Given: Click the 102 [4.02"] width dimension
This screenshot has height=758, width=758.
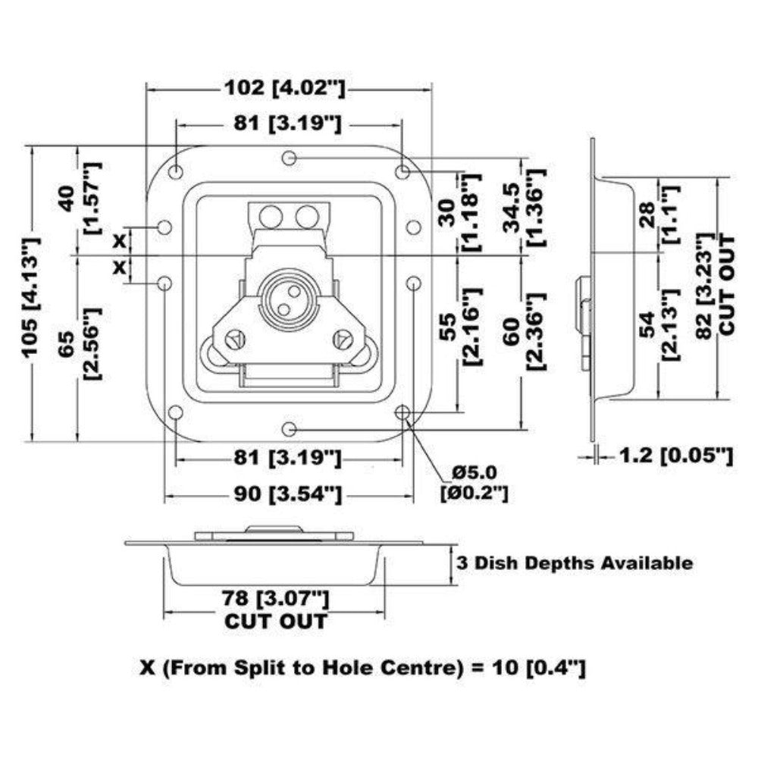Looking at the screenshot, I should pos(284,88).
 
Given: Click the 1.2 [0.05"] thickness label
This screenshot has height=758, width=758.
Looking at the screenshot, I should pos(676,456).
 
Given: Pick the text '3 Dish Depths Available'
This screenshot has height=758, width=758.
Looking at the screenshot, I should pos(573,563).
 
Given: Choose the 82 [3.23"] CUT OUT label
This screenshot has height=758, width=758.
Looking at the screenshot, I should pos(716,285).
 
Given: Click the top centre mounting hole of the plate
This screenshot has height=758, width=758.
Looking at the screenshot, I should pos(288,158).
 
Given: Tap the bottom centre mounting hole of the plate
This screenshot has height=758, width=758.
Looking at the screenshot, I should pos(288,430).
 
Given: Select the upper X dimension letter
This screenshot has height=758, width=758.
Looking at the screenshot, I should pos(119,241).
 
